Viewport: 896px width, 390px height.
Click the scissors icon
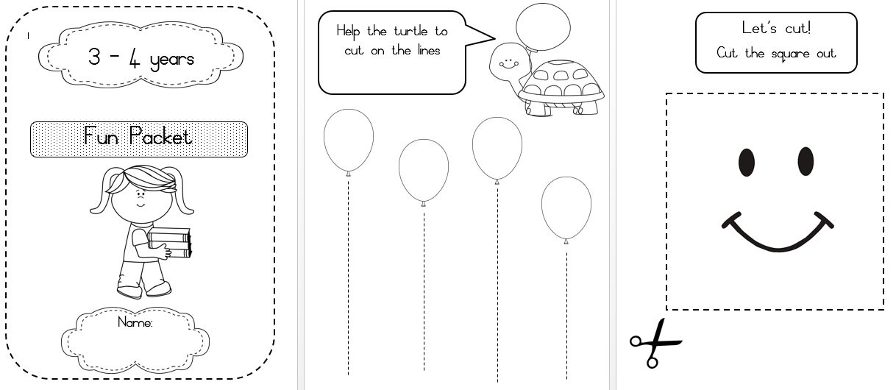[654, 342]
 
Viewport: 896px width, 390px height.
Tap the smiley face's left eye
[747, 162]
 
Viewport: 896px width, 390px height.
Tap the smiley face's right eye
[806, 161]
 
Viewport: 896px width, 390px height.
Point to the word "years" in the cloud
[171, 59]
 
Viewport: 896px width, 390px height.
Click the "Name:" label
[135, 322]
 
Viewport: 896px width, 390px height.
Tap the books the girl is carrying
[170, 243]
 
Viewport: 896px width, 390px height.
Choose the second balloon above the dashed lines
[424, 170]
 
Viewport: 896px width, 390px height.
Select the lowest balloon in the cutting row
[566, 208]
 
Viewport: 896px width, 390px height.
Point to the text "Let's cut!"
[776, 29]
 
